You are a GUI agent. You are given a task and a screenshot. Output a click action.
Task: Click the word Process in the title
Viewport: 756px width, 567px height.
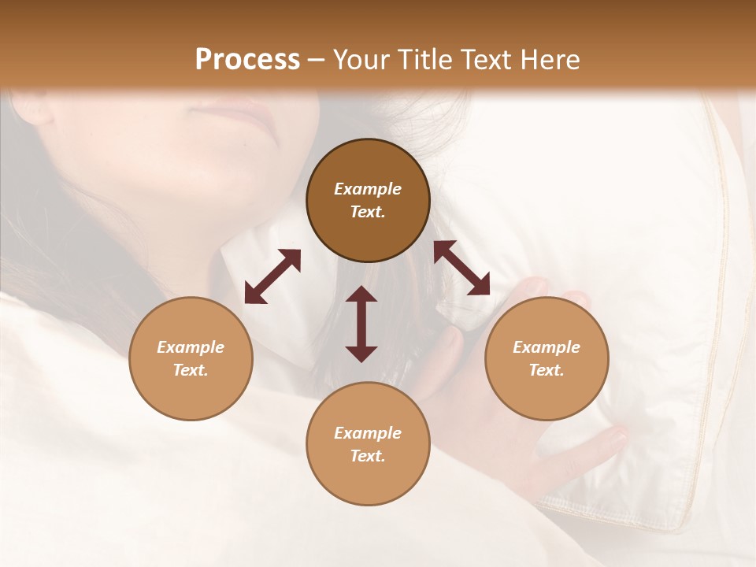click(247, 60)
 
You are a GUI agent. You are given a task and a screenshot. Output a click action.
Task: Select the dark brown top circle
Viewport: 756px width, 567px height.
click(368, 200)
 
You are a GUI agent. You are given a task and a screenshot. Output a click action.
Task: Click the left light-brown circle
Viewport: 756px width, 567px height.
click(191, 358)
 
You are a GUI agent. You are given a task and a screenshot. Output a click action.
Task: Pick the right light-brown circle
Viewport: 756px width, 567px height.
click(547, 358)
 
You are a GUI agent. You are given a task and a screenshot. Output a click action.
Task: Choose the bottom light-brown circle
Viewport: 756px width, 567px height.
click(368, 444)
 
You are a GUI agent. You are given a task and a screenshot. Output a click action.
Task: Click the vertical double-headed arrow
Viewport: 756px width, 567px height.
click(361, 324)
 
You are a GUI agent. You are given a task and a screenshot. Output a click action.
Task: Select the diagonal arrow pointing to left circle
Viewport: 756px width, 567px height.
click(272, 276)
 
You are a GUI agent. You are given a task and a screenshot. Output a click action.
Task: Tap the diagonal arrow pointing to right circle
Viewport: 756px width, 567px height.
click(461, 268)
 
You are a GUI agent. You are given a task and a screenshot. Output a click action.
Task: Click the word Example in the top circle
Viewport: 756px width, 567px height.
click(368, 189)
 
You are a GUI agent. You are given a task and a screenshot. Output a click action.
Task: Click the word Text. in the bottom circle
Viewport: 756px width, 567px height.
click(368, 456)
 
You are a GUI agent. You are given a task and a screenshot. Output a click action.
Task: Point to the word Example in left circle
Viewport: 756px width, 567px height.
click(191, 347)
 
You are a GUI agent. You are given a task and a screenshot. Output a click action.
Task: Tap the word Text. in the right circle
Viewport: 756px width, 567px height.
click(547, 370)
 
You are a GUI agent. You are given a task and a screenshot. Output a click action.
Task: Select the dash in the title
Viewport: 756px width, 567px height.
click(317, 60)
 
